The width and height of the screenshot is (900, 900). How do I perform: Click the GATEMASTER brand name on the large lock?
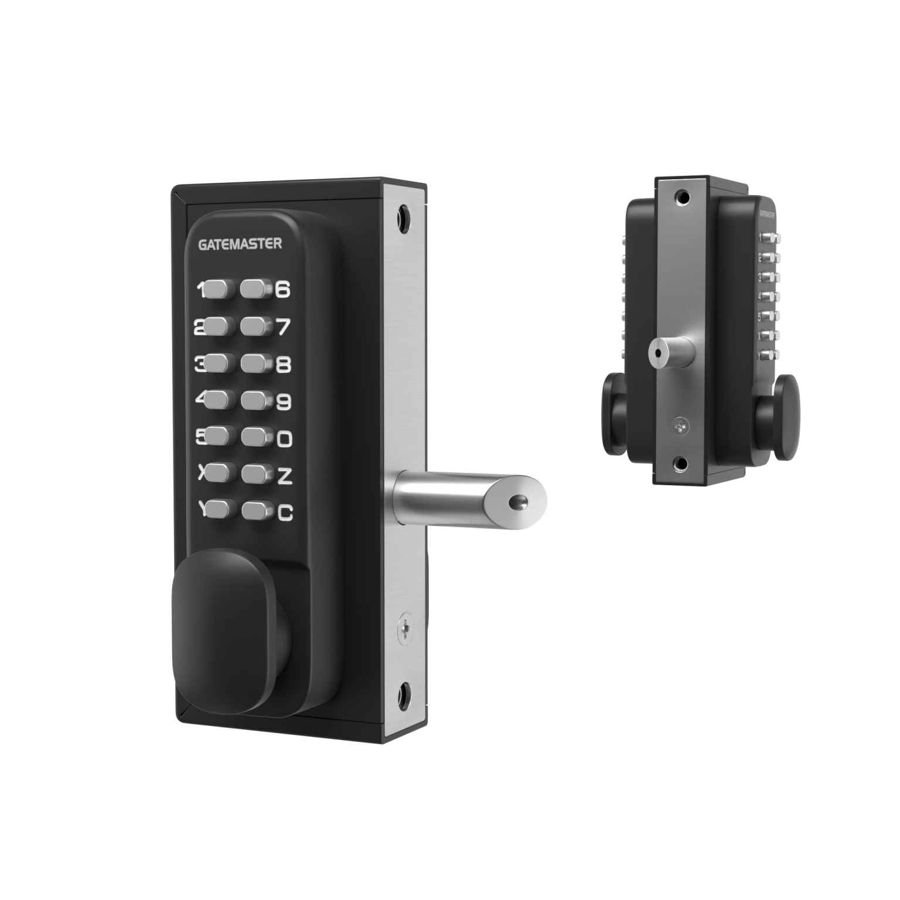pyautogui.click(x=240, y=244)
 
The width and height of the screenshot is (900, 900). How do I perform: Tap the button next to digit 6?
pyautogui.click(x=253, y=288)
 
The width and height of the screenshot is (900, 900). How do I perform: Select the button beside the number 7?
pyautogui.click(x=253, y=326)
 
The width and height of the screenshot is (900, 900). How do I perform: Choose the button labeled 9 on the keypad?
pyautogui.click(x=253, y=401)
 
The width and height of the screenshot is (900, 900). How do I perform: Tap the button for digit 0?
pyautogui.click(x=253, y=438)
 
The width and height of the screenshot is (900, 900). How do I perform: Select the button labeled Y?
pyautogui.click(x=219, y=510)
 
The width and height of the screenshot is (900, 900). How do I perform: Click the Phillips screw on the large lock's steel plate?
pyautogui.click(x=404, y=629)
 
